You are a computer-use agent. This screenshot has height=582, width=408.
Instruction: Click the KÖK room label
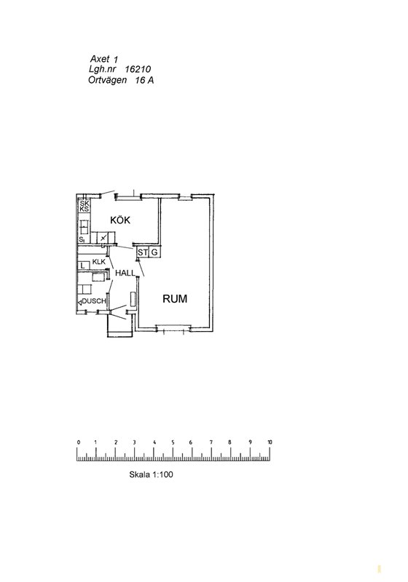pos(120,220)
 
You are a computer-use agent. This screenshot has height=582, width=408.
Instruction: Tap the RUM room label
pos(175,299)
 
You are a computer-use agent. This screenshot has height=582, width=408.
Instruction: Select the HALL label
pos(125,273)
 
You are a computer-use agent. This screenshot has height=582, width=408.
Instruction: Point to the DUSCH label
pos(94,301)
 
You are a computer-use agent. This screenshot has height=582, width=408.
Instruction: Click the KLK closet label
pos(99,262)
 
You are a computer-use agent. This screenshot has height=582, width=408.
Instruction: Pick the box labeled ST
pos(143,252)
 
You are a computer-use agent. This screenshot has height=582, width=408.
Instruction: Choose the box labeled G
pos(154,252)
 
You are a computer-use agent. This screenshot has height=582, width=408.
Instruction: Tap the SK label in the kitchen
pos(85,204)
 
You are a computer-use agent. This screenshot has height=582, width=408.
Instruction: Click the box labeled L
pos(83,266)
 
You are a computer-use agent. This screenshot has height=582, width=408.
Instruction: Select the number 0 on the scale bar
pos(79,442)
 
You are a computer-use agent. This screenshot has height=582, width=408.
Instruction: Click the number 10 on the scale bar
pos(270,442)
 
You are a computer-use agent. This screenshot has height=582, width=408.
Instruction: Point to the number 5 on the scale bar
pos(173,442)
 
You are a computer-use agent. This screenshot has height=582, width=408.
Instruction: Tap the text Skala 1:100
pos(151,474)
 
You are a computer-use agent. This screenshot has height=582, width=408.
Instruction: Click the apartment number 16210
pos(138,69)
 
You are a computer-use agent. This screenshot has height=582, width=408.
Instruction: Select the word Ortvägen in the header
pos(107,80)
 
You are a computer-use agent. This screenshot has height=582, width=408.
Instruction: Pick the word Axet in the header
pos(100,59)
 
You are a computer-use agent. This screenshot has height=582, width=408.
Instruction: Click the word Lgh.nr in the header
pos(101,69)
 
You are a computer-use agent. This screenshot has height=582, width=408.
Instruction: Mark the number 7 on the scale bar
pos(211,442)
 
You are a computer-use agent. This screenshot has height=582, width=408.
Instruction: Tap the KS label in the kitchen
pos(85,210)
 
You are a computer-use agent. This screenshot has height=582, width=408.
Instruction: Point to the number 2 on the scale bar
pos(116,442)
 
